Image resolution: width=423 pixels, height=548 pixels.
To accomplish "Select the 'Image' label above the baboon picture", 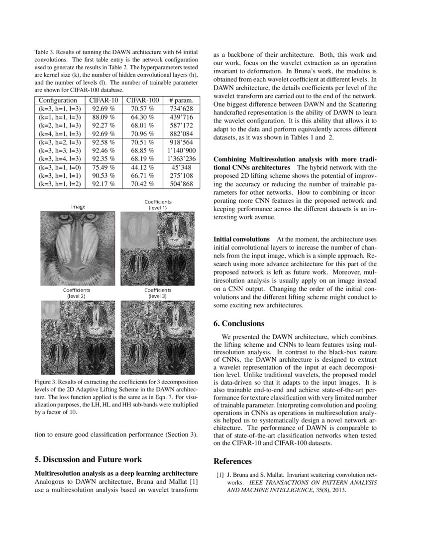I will (78, 206).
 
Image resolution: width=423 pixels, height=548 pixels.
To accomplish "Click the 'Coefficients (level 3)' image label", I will (158, 292).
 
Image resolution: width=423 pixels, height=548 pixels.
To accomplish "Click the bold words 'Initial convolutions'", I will (241, 240).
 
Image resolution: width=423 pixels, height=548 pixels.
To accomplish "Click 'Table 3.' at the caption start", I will (45, 52).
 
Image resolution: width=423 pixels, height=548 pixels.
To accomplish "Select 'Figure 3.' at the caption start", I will (47, 382).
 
